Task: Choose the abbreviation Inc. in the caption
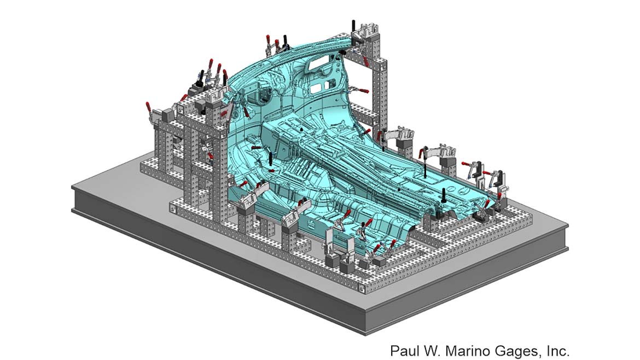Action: (558, 351)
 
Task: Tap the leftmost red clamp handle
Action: (149, 108)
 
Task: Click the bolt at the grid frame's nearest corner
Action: (361, 289)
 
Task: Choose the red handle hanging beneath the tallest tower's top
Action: (365, 61)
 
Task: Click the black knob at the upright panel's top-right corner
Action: (343, 53)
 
